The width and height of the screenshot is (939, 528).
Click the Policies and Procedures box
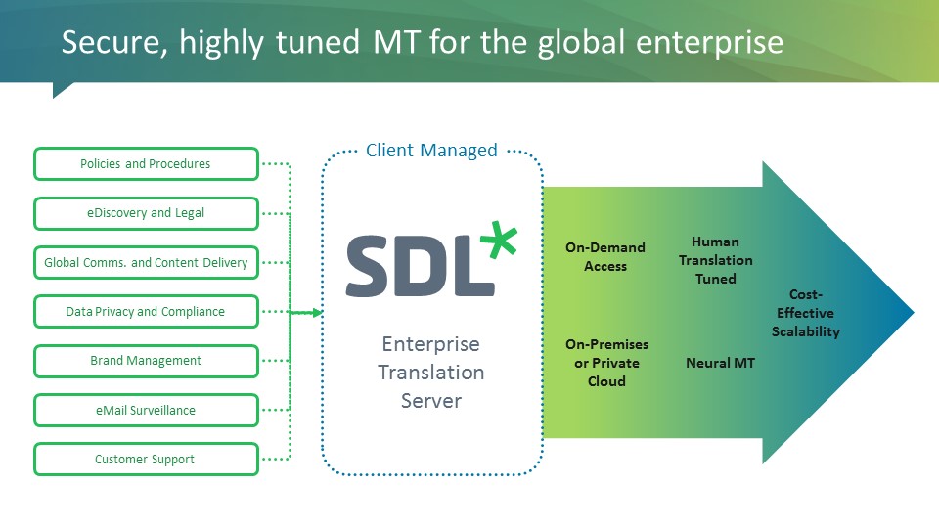[x=146, y=164]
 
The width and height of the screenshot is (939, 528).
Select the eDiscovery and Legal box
[x=146, y=213]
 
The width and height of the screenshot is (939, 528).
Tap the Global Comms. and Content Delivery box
[x=146, y=262]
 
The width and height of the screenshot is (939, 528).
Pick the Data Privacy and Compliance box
[x=146, y=312]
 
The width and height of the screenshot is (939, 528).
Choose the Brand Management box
[x=146, y=361]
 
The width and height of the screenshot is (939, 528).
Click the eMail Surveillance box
[x=146, y=411]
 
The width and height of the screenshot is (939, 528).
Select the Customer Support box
[x=146, y=460]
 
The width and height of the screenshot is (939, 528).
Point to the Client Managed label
[x=431, y=151]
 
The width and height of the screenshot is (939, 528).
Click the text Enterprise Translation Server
[x=431, y=373]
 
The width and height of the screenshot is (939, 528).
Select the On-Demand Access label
[x=605, y=256]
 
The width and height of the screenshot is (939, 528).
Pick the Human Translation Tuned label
[x=715, y=260]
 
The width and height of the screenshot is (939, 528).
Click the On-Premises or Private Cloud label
[x=606, y=363]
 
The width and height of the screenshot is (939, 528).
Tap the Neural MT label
[x=721, y=363]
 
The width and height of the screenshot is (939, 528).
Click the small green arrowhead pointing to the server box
[x=316, y=313]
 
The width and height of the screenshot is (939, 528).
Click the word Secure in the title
[x=104, y=42]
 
